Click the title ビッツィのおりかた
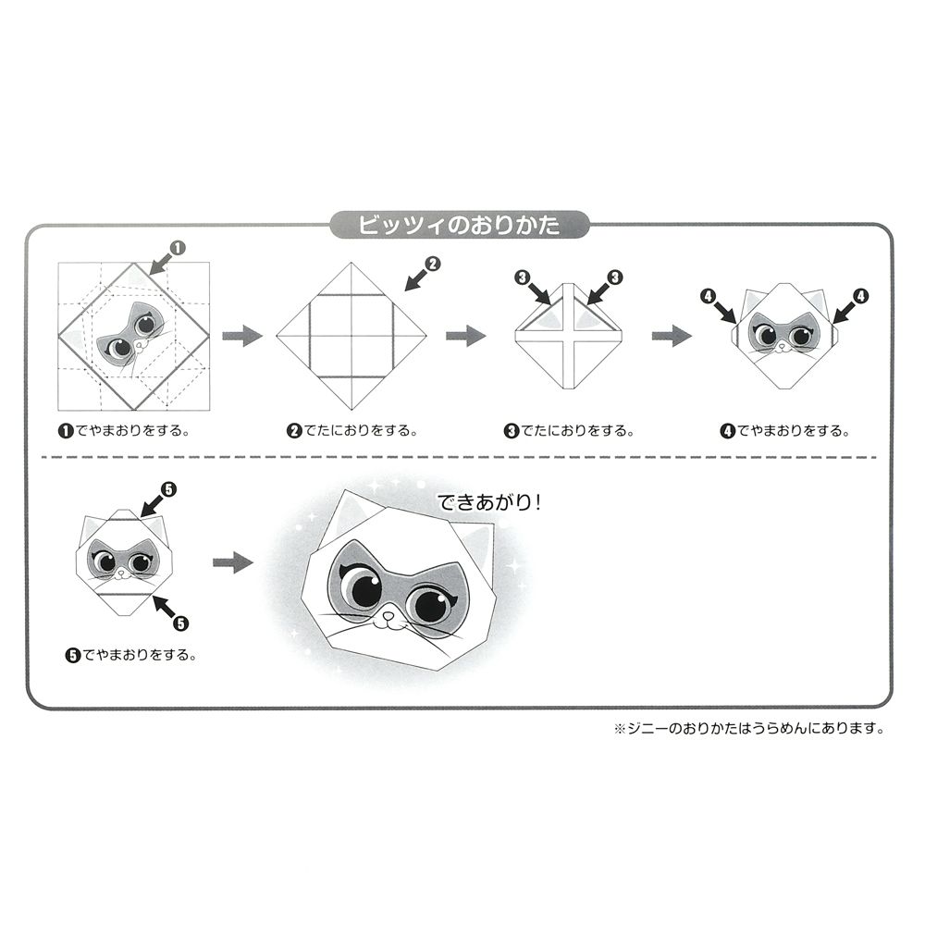click(x=459, y=225)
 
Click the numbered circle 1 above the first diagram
click(x=178, y=247)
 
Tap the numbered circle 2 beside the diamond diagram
click(x=432, y=264)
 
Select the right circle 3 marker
click(x=615, y=277)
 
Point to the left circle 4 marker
click(x=709, y=297)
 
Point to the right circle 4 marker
click(x=862, y=297)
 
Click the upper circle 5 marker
click(x=168, y=488)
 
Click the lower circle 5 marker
click(x=180, y=623)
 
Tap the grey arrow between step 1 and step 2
click(x=242, y=336)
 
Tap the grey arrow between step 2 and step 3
click(x=466, y=336)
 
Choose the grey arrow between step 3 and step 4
click(x=672, y=336)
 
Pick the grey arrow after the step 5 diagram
click(x=233, y=562)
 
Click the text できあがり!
click(x=490, y=504)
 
